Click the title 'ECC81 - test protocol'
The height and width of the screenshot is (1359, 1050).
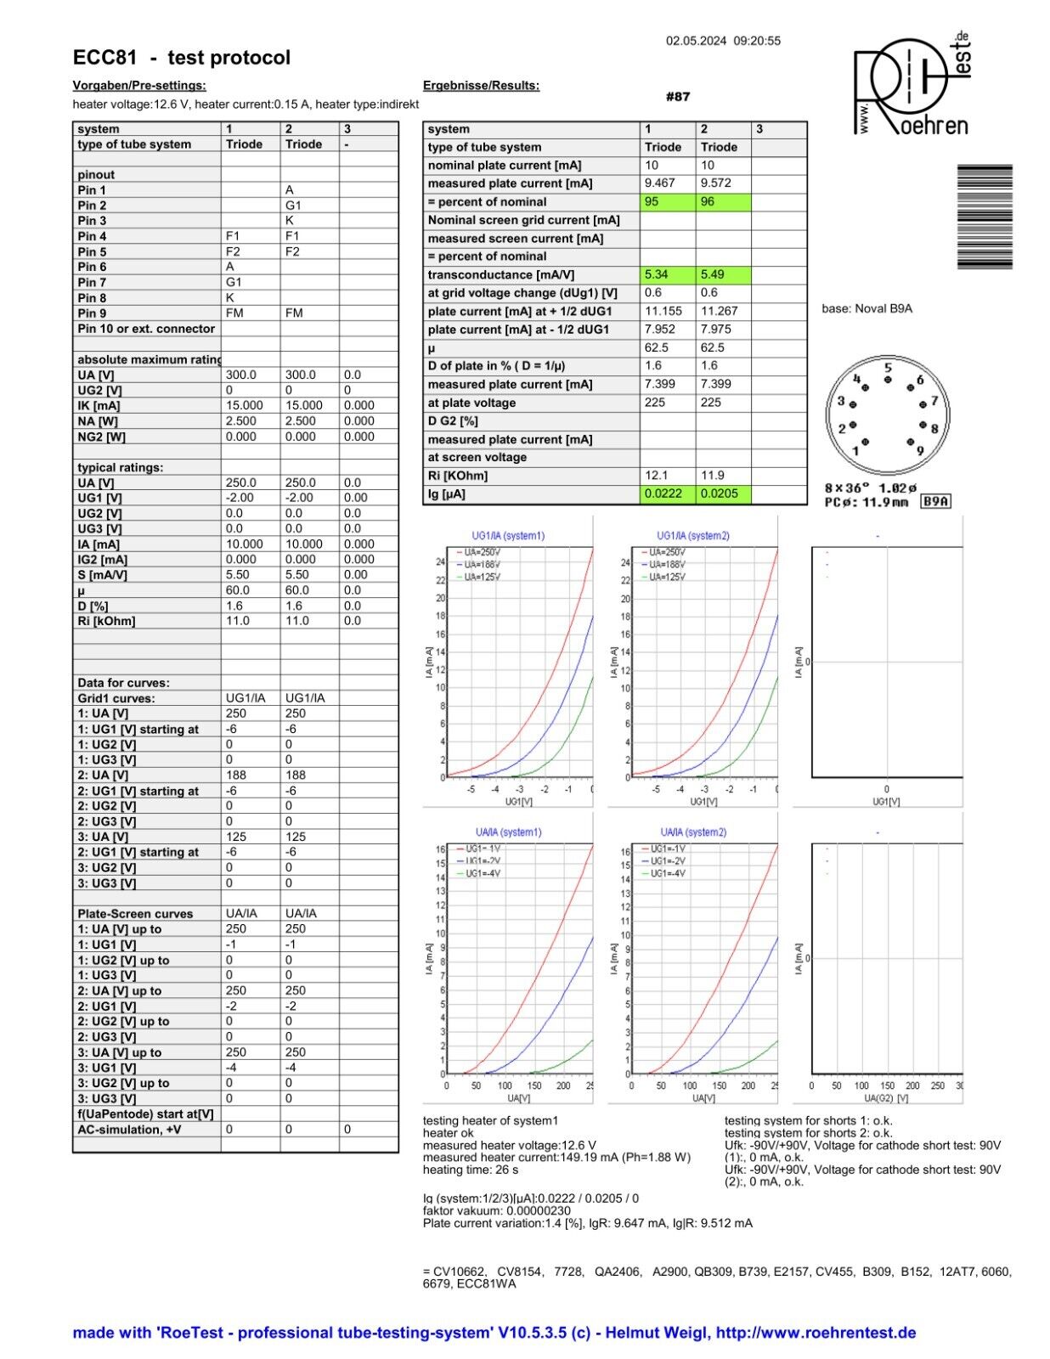[x=182, y=58]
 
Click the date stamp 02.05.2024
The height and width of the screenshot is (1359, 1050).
[x=696, y=41]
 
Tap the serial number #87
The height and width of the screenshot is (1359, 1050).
[x=678, y=96]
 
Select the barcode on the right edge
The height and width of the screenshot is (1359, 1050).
[x=985, y=217]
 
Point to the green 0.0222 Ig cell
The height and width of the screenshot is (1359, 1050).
[x=667, y=493]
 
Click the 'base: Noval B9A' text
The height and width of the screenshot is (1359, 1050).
[x=867, y=308]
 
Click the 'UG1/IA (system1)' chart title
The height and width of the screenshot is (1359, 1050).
[x=508, y=536]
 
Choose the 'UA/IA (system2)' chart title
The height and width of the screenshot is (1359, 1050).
[x=693, y=832]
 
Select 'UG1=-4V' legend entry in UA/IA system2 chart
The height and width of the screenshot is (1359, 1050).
[x=668, y=873]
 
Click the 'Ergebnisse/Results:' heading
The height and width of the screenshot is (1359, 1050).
[x=481, y=85]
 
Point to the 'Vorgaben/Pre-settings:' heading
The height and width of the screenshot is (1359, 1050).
[x=139, y=85]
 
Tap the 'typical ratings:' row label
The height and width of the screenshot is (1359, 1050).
[x=120, y=467]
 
